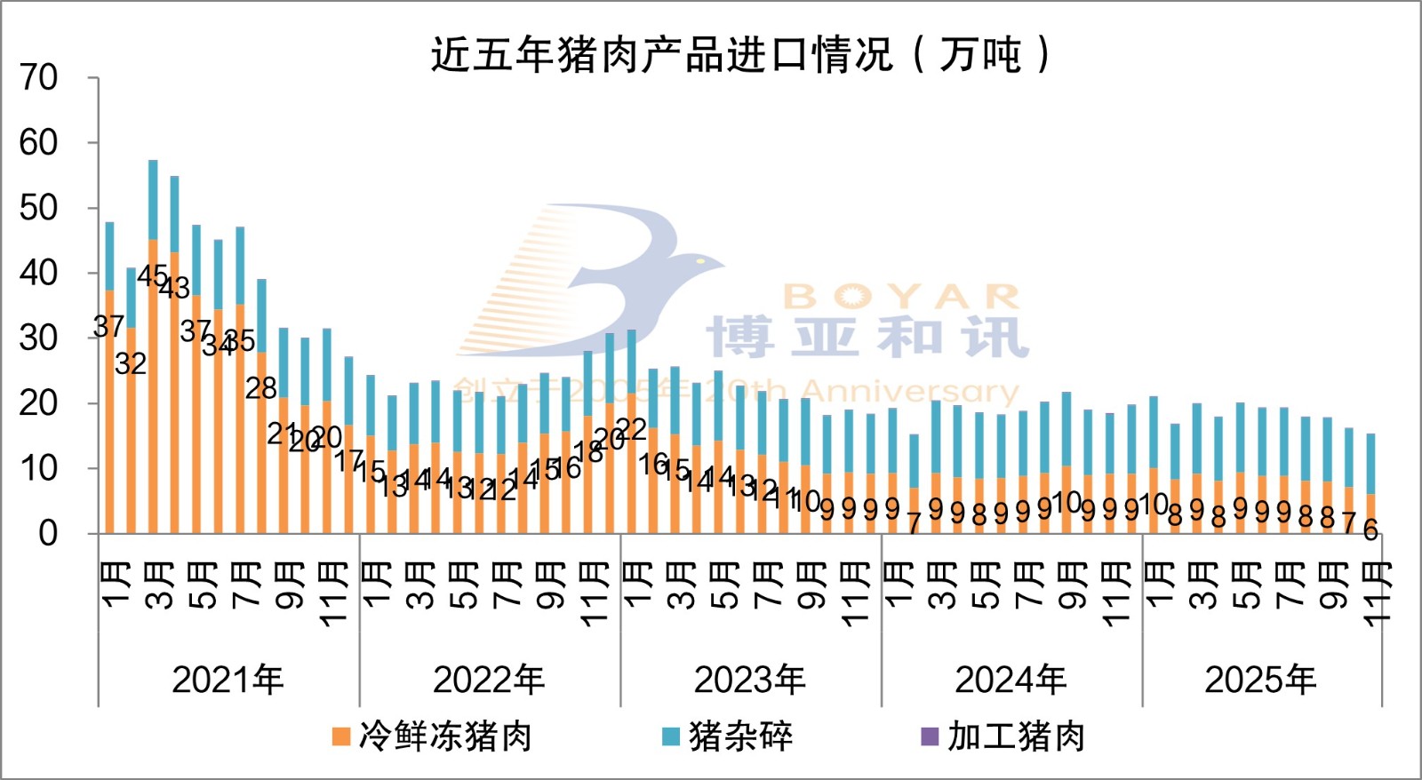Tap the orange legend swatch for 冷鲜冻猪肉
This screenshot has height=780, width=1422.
click(x=340, y=736)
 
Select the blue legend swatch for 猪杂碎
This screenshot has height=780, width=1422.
click(x=671, y=736)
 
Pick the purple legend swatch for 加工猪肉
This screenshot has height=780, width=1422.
click(x=930, y=736)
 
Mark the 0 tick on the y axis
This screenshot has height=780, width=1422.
click(x=48, y=534)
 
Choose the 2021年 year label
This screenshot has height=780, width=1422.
click(x=228, y=681)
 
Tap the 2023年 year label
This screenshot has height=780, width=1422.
click(x=749, y=681)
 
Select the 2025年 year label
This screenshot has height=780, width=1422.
click(x=1259, y=681)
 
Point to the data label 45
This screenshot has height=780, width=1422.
click(x=152, y=276)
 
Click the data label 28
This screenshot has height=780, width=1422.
click(x=261, y=388)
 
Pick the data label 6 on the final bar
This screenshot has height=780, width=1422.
click(x=1370, y=530)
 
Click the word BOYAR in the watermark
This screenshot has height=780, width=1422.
click(x=901, y=298)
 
